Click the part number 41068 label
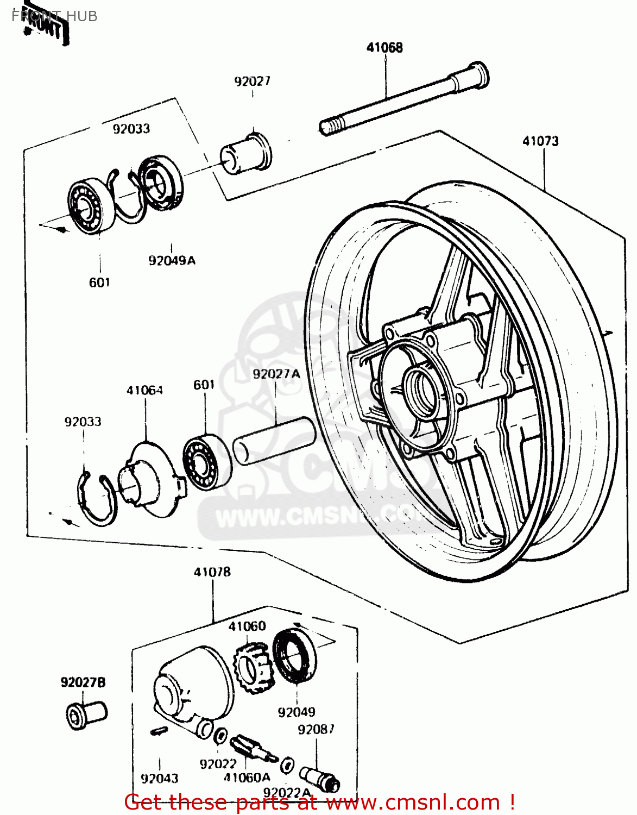click(384, 48)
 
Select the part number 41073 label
click(540, 141)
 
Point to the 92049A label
click(172, 261)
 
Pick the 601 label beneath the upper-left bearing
click(99, 283)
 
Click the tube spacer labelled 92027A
click(275, 441)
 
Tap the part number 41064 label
click(144, 391)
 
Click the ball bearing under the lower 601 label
click(206, 461)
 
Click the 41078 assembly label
click(212, 572)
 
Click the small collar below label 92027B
click(86, 714)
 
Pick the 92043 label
click(159, 779)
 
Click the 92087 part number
click(316, 730)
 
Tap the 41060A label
click(247, 778)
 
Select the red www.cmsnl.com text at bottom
click(413, 803)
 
